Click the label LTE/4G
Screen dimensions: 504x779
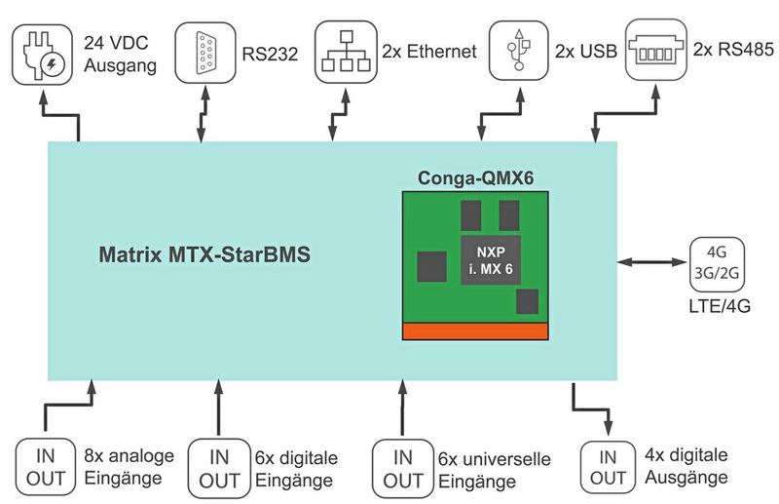(x=719, y=307)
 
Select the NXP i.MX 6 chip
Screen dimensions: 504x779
(x=490, y=259)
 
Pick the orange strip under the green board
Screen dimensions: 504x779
(x=475, y=330)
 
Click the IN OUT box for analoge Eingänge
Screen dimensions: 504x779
(x=45, y=464)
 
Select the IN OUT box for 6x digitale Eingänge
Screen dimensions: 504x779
(x=216, y=467)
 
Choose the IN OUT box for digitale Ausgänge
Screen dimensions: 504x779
(x=609, y=467)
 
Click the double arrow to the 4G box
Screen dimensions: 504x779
(x=652, y=262)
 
